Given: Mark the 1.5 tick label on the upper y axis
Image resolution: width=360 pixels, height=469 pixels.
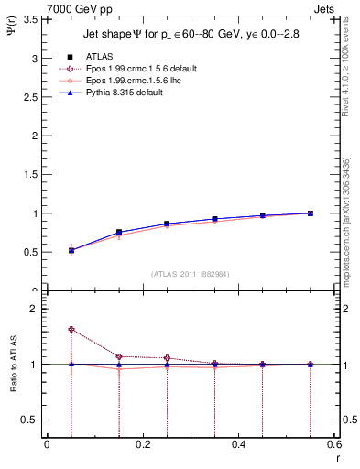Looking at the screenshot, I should pyautogui.click(x=28, y=174).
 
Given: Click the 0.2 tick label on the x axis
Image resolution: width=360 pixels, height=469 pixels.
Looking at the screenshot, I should pyautogui.click(x=142, y=445).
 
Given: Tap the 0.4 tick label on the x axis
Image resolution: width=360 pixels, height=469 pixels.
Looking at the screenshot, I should pyautogui.click(x=238, y=445).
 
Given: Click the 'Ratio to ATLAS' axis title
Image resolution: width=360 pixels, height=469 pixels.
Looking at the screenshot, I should pyautogui.click(x=11, y=363).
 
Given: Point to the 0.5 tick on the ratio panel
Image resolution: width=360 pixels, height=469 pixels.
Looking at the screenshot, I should pyautogui.click(x=28, y=420).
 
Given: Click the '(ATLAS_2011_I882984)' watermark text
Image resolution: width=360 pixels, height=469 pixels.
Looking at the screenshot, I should pyautogui.click(x=190, y=274).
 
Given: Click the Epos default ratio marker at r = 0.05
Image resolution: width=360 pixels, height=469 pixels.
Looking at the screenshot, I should pyautogui.click(x=71, y=329).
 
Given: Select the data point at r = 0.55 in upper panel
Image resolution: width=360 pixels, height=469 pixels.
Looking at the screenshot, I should pyautogui.click(x=310, y=213).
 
